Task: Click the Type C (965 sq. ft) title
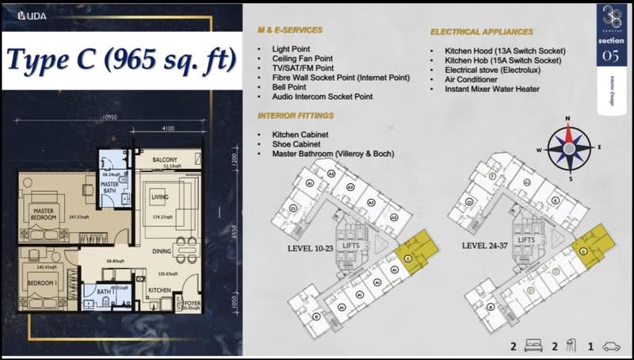121,59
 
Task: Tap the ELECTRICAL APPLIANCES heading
482,33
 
